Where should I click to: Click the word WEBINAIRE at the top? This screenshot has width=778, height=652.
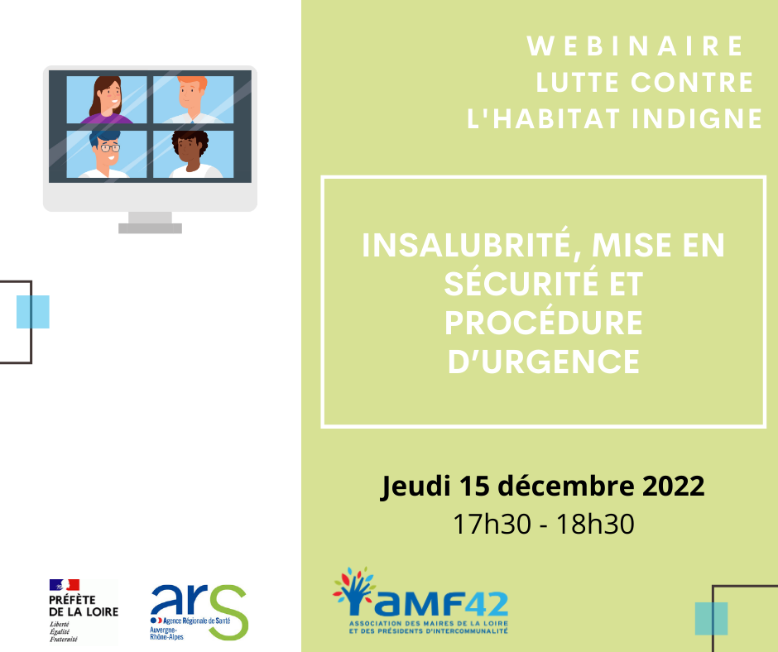click(x=635, y=46)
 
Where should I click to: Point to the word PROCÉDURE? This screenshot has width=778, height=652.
click(x=543, y=323)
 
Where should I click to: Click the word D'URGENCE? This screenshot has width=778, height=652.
click(x=544, y=362)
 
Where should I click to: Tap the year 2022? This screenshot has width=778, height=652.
click(x=674, y=486)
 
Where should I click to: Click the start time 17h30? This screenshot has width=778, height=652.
click(x=492, y=524)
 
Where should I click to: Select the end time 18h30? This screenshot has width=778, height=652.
click(x=595, y=524)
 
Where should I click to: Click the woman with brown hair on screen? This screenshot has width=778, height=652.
click(x=107, y=100)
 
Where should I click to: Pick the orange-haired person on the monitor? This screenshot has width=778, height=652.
click(x=193, y=100)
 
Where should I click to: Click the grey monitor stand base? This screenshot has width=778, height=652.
click(x=151, y=228)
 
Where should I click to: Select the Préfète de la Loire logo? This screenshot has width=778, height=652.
click(x=84, y=611)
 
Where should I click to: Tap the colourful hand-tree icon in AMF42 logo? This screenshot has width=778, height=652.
click(x=354, y=591)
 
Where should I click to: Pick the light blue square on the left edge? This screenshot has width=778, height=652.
click(x=33, y=312)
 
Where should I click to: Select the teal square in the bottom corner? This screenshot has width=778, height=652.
click(x=712, y=619)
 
